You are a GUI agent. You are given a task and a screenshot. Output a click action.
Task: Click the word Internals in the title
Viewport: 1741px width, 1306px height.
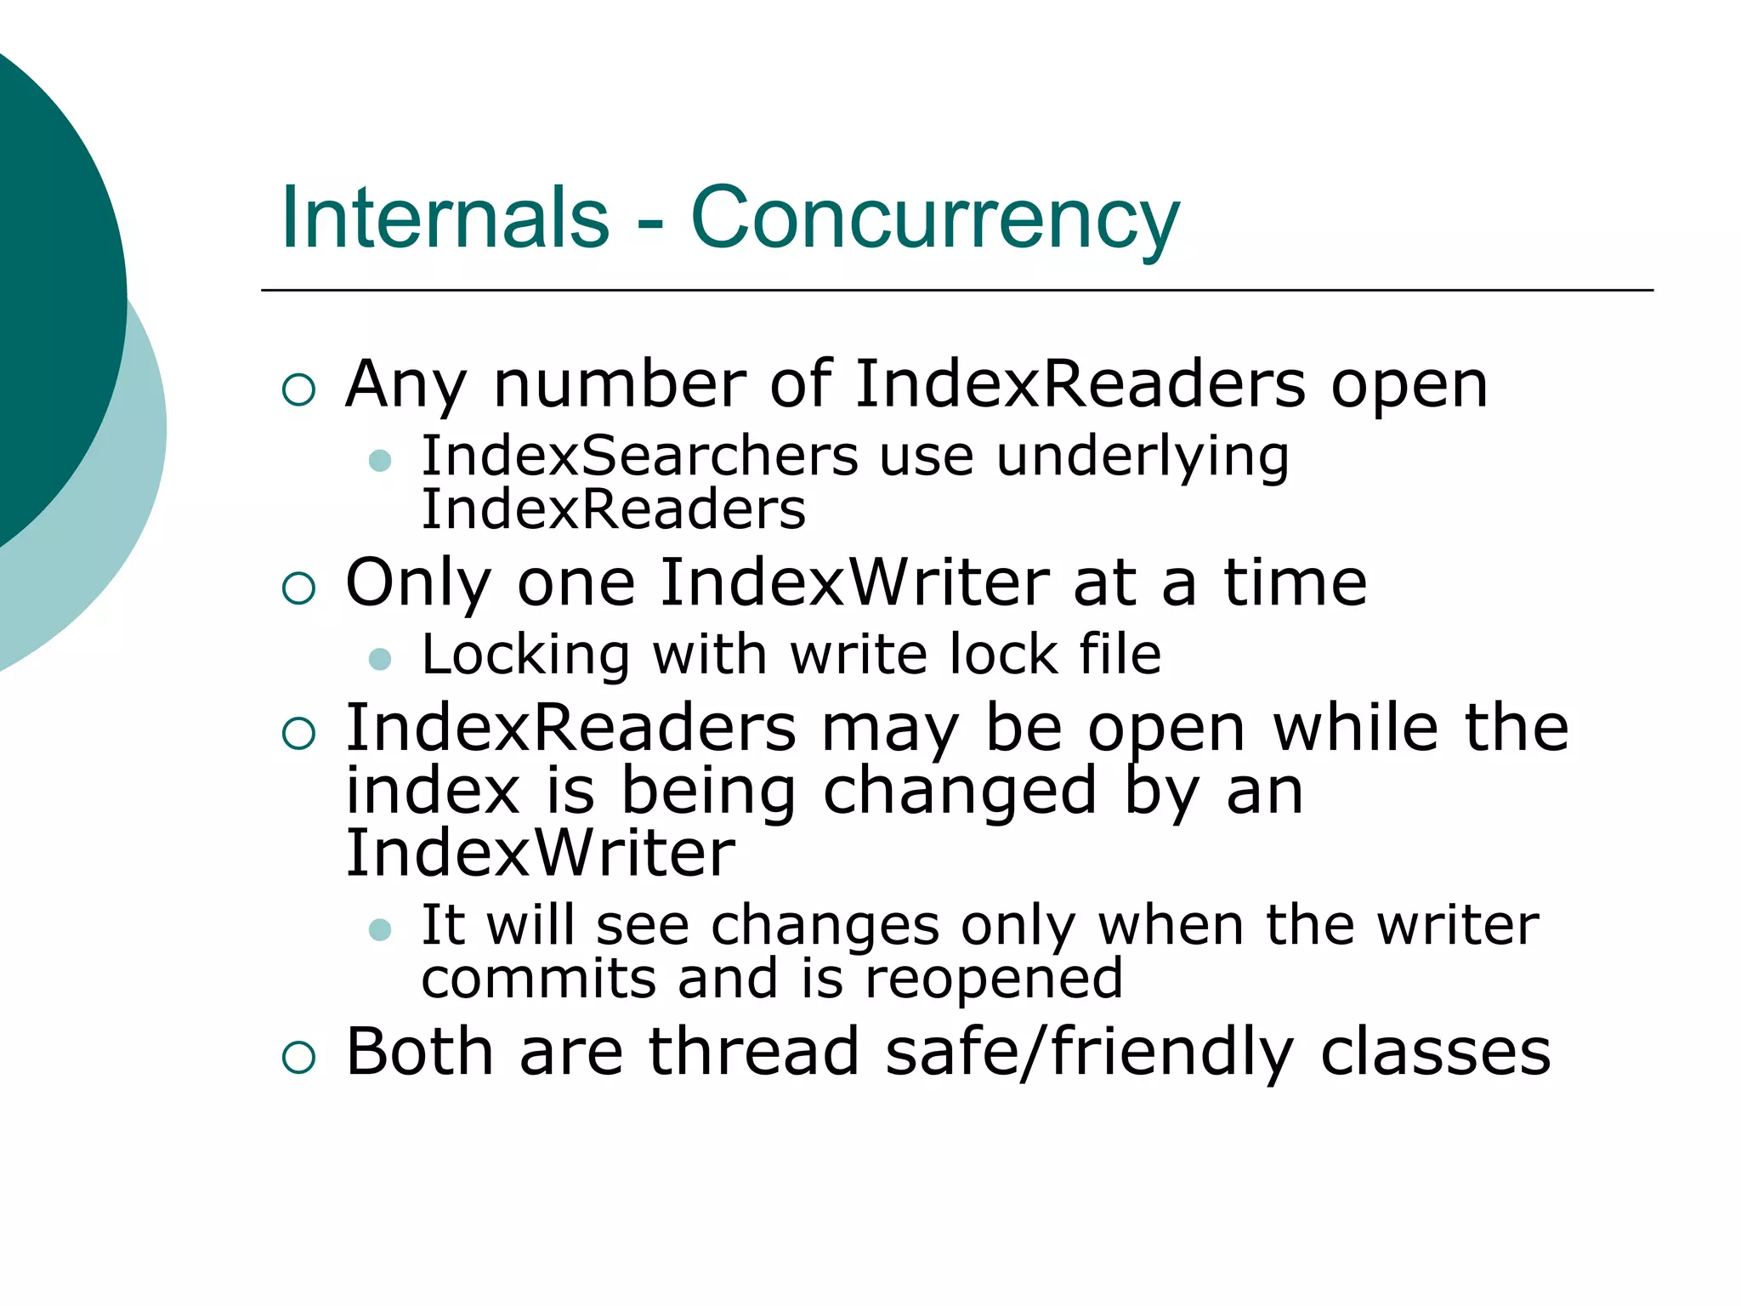pyautogui.click(x=445, y=218)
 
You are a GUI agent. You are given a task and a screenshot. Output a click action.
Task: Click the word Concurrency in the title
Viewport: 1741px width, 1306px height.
pyautogui.click(x=935, y=219)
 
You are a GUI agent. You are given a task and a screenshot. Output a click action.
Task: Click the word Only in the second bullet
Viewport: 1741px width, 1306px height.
pyautogui.click(x=418, y=585)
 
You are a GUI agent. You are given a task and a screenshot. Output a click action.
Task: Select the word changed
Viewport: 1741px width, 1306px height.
pyautogui.click(x=960, y=792)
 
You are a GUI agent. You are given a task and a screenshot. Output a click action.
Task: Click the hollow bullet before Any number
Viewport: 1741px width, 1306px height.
pyautogui.click(x=298, y=390)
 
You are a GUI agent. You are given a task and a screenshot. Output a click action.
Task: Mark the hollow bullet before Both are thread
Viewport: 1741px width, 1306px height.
pyautogui.click(x=298, y=1058)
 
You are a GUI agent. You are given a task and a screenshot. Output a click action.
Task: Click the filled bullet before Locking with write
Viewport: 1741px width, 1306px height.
pyautogui.click(x=380, y=659)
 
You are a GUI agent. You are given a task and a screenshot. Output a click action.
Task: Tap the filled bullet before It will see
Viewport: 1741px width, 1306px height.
pyautogui.click(x=380, y=929)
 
